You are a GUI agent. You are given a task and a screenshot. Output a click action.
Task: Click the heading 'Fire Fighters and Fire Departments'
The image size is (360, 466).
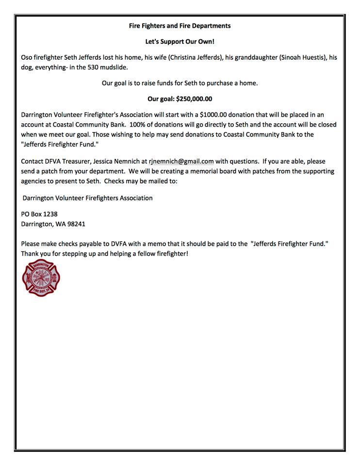180,26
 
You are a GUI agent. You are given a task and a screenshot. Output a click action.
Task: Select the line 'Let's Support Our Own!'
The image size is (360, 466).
180,42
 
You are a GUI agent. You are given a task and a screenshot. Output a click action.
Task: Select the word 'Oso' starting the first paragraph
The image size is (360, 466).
27,58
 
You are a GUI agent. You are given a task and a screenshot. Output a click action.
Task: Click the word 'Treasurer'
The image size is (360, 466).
85,161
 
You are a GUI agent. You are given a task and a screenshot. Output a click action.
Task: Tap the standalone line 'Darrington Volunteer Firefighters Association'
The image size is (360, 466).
88,198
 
